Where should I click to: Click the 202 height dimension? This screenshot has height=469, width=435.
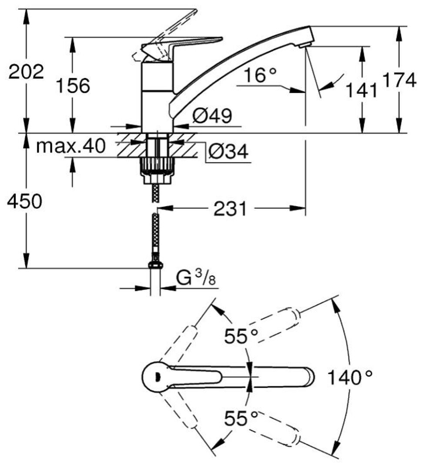(26, 72)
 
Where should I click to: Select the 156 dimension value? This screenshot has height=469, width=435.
(73, 85)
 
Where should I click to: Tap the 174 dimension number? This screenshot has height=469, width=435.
(399, 80)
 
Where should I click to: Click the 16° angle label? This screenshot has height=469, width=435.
(260, 75)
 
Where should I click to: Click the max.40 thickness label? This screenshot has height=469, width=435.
(71, 146)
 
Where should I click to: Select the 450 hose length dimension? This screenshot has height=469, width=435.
(24, 201)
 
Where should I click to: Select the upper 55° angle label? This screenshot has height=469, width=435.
(241, 336)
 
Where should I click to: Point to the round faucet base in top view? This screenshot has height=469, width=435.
(156, 377)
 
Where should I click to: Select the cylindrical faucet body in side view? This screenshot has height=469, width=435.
(157, 97)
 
